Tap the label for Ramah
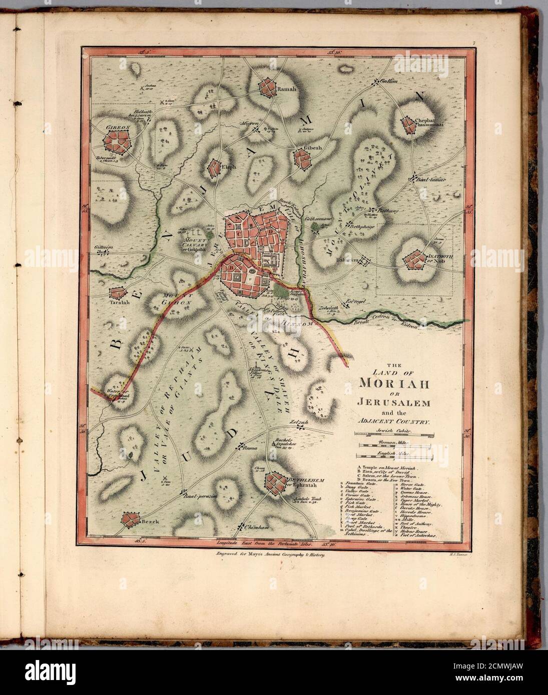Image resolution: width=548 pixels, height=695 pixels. [x=286, y=89]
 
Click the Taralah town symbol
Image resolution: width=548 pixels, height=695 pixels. [x=117, y=293]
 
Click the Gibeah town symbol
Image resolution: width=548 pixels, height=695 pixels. [x=302, y=158]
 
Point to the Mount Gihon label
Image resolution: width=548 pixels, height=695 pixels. [x=176, y=299]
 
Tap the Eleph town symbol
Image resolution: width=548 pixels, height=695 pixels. [x=215, y=166]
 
